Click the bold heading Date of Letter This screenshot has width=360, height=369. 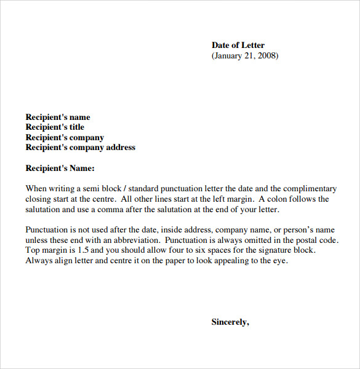pyautogui.click(x=238, y=45)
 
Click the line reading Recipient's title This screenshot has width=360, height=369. pyautogui.click(x=55, y=127)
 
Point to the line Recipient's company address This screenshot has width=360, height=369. pyautogui.click(x=80, y=148)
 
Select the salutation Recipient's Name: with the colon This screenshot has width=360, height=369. pyautogui.click(x=60, y=168)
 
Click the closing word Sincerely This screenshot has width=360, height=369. pyautogui.click(x=230, y=322)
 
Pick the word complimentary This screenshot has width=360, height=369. pyautogui.click(x=309, y=189)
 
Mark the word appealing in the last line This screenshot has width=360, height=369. pyautogui.click(x=234, y=261)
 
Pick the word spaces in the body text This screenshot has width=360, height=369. pyautogui.click(x=209, y=250)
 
